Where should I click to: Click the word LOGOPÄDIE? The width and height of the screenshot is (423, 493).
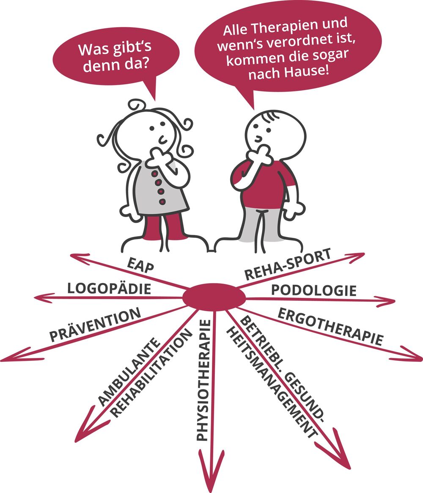109,289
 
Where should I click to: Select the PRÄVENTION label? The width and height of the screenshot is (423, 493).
96,325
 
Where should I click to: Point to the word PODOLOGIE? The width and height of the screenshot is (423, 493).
313,291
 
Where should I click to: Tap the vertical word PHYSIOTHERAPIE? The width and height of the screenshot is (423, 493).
204,381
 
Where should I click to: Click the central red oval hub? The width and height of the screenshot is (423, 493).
214,297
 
